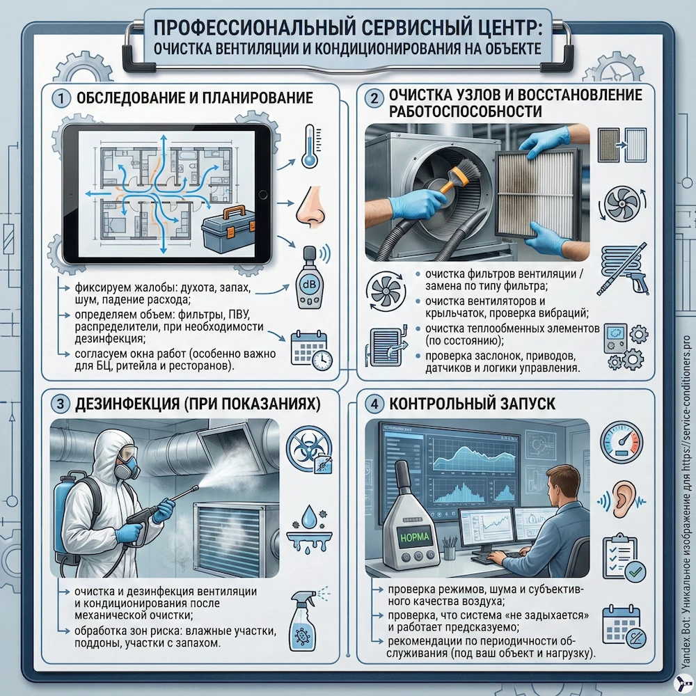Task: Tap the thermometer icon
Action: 308,146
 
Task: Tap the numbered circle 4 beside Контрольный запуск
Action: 374,403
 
